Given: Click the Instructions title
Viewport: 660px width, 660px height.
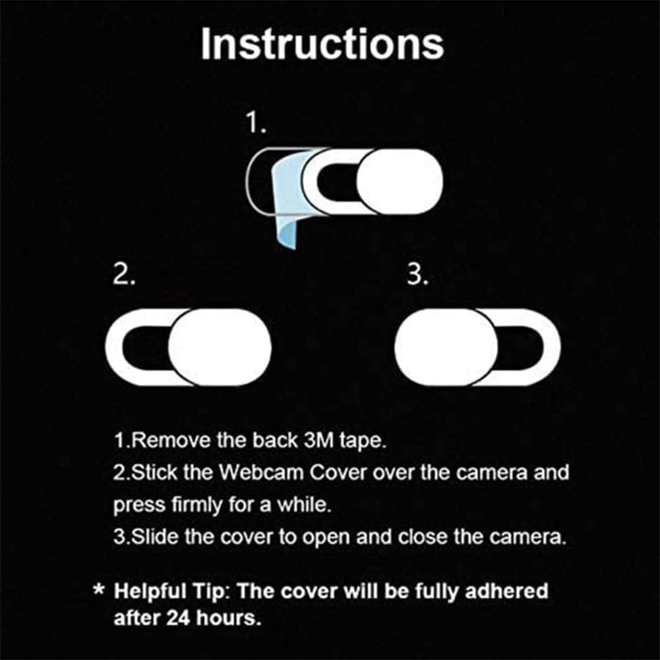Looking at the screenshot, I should pyautogui.click(x=322, y=45).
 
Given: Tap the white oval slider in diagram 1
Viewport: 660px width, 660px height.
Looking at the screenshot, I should pyautogui.click(x=398, y=181).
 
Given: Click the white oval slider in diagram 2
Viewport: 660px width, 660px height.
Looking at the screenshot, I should pyautogui.click(x=220, y=347).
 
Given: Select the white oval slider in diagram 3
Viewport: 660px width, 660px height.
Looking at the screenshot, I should pyautogui.click(x=446, y=347).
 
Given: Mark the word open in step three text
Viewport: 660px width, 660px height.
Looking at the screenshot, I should pyautogui.click(x=323, y=537).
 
